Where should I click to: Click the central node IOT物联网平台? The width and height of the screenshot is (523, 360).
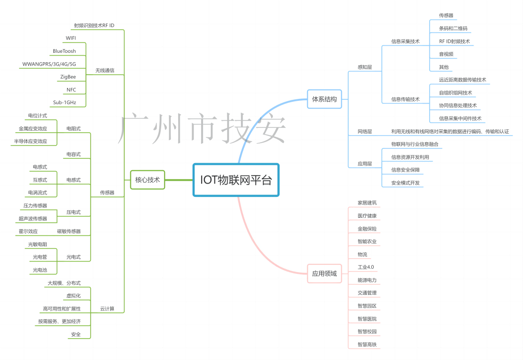[x=236, y=180]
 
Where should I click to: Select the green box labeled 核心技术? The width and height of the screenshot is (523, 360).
[x=147, y=180]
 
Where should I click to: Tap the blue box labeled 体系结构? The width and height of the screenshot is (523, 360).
[x=324, y=99]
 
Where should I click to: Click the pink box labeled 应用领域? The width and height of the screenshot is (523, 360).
[x=324, y=273]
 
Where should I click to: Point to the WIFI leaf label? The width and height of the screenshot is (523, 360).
[x=71, y=38]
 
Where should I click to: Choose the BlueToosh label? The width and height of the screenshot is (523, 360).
[x=64, y=51]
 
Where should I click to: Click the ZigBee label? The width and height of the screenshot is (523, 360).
[x=68, y=77]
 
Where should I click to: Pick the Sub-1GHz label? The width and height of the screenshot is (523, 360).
[x=64, y=102]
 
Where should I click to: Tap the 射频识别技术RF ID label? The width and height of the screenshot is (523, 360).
[x=94, y=25]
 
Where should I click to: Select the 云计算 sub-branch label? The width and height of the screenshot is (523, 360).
[x=107, y=309]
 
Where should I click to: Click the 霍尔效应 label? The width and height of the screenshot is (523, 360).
[x=28, y=231]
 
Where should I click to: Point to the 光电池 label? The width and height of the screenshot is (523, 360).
[x=40, y=270]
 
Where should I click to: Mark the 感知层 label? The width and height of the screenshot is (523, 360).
[x=365, y=67]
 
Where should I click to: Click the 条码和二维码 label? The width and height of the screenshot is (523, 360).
[x=453, y=29]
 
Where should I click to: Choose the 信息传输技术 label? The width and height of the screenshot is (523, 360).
[x=405, y=99]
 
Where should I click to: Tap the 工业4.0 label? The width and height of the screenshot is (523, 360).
[x=366, y=267]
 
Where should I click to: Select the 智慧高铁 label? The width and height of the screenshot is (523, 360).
[x=367, y=344]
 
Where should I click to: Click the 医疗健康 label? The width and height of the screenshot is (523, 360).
[x=367, y=216]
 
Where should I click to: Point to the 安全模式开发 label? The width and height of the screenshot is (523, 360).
[x=405, y=183]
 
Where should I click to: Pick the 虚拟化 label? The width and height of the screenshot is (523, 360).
[x=73, y=296]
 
